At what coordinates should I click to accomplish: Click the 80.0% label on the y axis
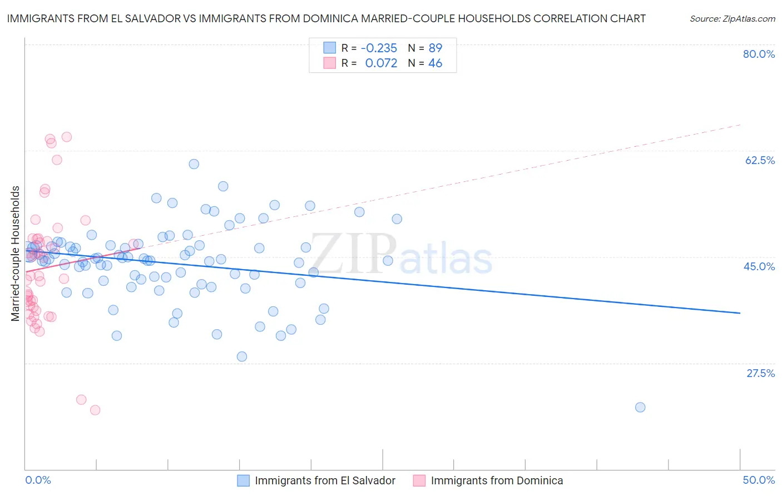coord(759,54)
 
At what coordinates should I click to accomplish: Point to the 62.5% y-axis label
coord(760,160)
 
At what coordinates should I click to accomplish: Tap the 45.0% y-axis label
coord(759,266)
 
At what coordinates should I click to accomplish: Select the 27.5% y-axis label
coord(760,373)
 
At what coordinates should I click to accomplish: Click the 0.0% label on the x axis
coord(38,480)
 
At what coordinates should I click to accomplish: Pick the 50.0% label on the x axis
coord(759,480)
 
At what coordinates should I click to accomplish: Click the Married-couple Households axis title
coord(16,254)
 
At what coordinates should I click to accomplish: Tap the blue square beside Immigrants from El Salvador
coord(243,480)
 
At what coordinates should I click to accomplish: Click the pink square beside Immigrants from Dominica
coord(419,480)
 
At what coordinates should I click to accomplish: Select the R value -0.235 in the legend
coord(379,48)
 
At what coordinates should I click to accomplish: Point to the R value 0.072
coord(381,63)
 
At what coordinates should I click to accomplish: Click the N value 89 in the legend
coord(435,48)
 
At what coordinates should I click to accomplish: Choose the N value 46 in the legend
coord(435,63)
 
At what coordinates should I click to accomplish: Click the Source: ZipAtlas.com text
coord(732,19)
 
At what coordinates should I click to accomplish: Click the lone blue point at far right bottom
coord(640,407)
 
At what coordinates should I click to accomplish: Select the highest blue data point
coord(194,164)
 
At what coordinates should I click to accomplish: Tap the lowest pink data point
coord(95,410)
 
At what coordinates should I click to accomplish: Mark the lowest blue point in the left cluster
coord(242,356)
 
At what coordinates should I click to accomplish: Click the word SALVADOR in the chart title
coord(149,18)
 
